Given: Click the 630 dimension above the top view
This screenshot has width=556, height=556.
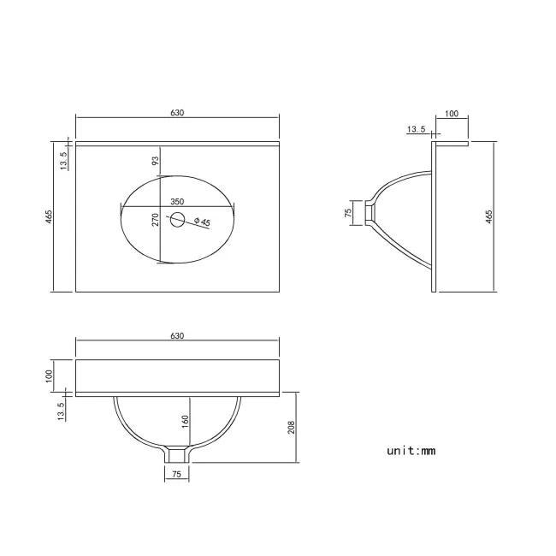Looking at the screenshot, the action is pos(177,113).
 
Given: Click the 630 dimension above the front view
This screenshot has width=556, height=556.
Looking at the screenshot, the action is pos(177,336).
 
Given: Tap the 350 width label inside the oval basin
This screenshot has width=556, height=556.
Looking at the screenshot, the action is pos(177,202).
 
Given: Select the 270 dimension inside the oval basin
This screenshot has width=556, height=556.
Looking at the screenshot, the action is pos(156,220).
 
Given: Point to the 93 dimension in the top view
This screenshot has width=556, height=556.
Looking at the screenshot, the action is pos(156,161).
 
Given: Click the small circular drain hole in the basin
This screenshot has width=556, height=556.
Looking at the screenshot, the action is pos(177,220).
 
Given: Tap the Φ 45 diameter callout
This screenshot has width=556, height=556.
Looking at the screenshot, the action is pos(202,222).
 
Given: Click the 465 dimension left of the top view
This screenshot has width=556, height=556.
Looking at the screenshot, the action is pos(49,216).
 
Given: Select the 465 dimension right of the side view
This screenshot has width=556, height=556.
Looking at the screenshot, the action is pos(489,216).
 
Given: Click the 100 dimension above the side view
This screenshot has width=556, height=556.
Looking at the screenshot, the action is pos(452,114).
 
